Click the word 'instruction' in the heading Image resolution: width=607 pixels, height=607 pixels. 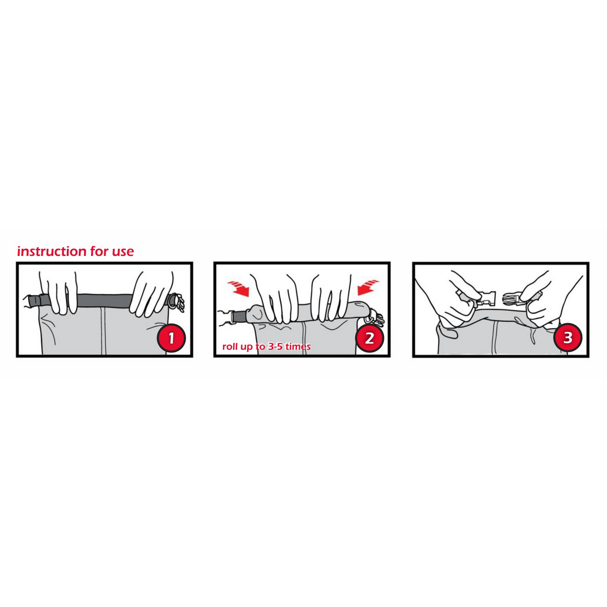coord(52,251)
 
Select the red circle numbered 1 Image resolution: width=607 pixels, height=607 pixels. coord(171,338)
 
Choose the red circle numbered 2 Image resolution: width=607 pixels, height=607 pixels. coord(369,338)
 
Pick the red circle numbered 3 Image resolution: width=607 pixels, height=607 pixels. coord(568,338)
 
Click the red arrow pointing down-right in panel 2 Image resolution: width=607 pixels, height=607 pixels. coord(238,288)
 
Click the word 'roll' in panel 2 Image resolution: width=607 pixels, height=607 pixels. coord(228,346)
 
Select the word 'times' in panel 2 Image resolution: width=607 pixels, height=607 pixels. coord(298,346)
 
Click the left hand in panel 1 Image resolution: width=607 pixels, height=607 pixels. coord(59,292)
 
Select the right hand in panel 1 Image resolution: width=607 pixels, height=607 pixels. coord(151,293)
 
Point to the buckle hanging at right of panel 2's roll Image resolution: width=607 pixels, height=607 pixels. coord(375,319)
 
